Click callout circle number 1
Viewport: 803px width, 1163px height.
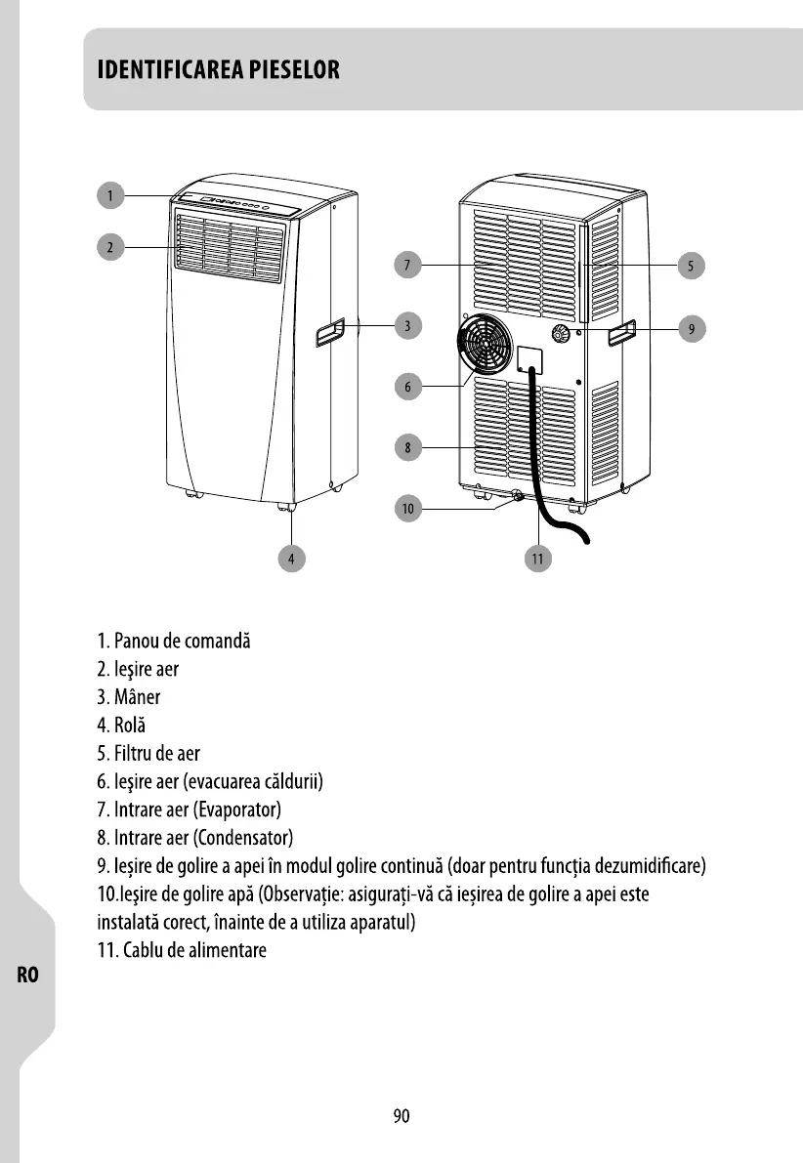(x=110, y=195)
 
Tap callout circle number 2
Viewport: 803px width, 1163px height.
(x=110, y=247)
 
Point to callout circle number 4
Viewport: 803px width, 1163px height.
(x=290, y=559)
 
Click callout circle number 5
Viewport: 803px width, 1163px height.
(x=691, y=265)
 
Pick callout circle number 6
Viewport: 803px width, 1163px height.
(x=411, y=387)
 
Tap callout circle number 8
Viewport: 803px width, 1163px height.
(x=411, y=448)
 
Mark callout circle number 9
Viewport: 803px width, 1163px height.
(x=691, y=329)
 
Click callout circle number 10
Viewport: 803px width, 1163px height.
(x=408, y=509)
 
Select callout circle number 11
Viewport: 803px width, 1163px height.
(x=537, y=559)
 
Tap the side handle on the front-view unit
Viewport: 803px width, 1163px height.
(x=329, y=334)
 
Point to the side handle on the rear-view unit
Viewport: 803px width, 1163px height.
(x=621, y=334)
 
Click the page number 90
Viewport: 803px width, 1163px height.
(x=401, y=1116)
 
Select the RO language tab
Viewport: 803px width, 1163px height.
(x=27, y=975)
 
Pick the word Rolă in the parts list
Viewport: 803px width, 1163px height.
(x=131, y=726)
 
